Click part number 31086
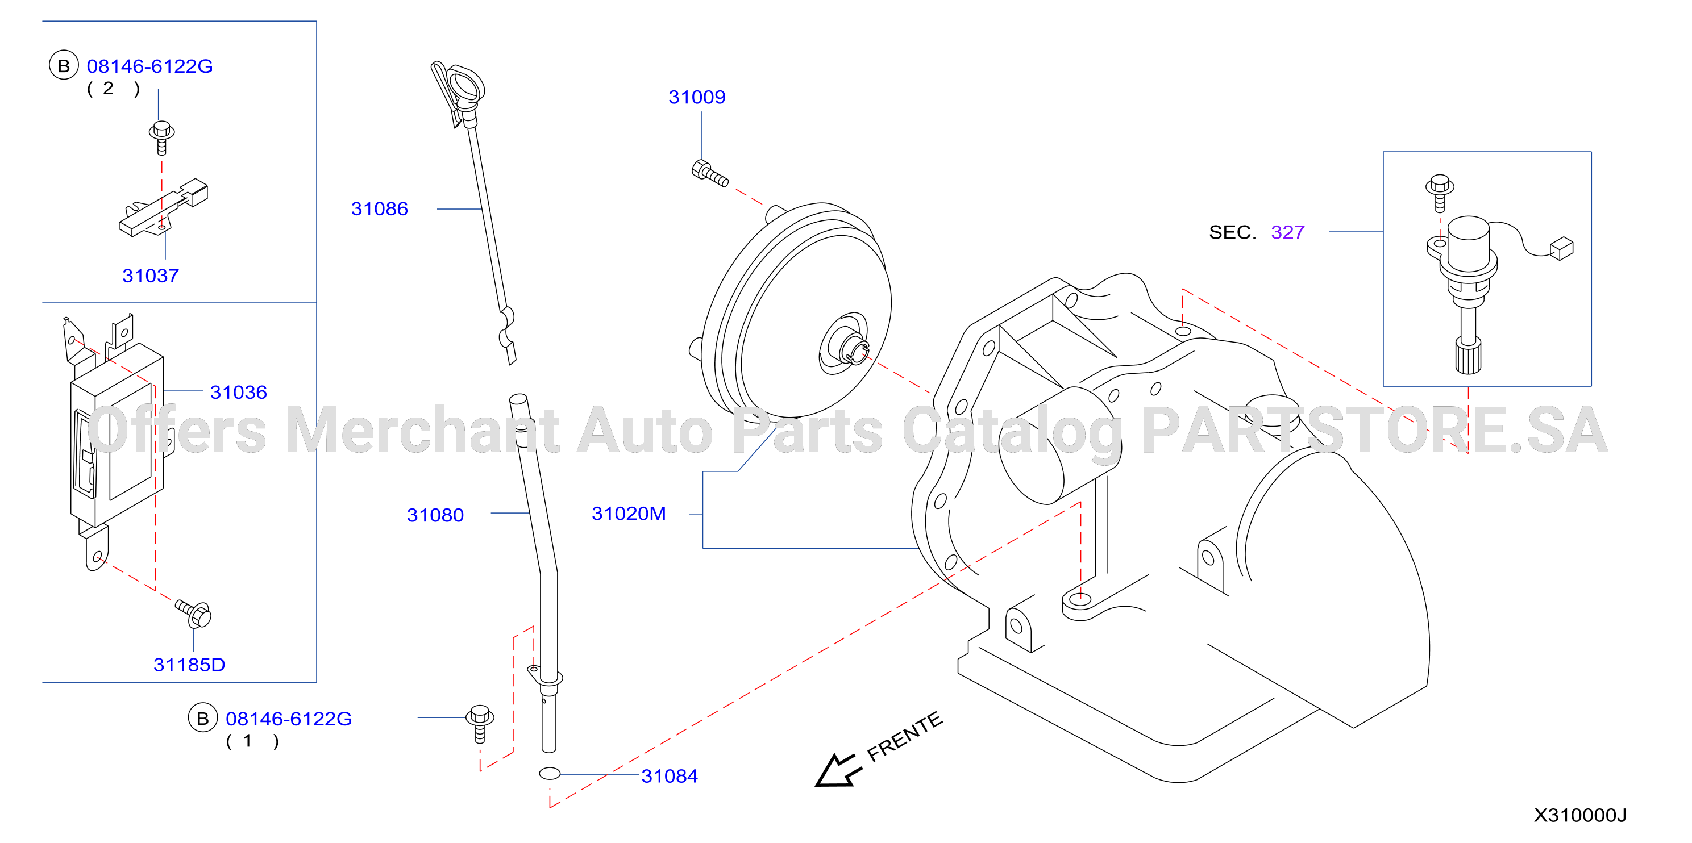pyautogui.click(x=379, y=209)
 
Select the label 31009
pyautogui.click(x=697, y=97)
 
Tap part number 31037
pyautogui.click(x=151, y=276)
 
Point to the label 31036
pyautogui.click(x=239, y=392)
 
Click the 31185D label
pyautogui.click(x=189, y=665)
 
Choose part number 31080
pyautogui.click(x=435, y=515)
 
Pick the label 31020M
pyautogui.click(x=629, y=514)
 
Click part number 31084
pyautogui.click(x=670, y=776)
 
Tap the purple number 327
pyautogui.click(x=1287, y=232)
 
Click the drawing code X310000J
pyautogui.click(x=1579, y=815)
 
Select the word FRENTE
pyautogui.click(x=904, y=737)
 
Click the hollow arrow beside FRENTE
pyautogui.click(x=835, y=770)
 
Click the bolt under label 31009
pyautogui.click(x=709, y=173)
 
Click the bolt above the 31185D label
pyautogui.click(x=193, y=613)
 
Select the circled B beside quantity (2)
pyautogui.click(x=64, y=66)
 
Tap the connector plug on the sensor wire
pyautogui.click(x=1561, y=249)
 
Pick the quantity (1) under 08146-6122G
pyautogui.click(x=252, y=741)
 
